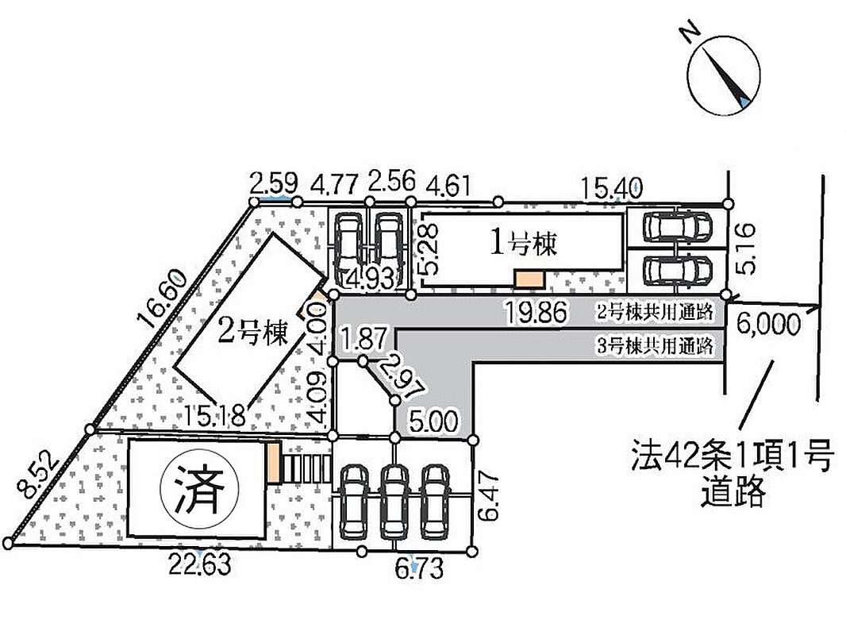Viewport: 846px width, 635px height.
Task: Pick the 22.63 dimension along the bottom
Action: pos(200,566)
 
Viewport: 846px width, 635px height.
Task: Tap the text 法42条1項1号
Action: pos(731,457)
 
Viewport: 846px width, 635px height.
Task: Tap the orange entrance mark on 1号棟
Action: pos(528,279)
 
